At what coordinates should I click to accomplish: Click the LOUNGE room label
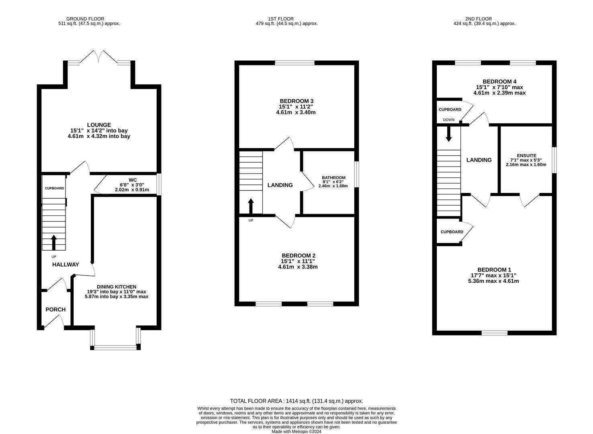(99, 125)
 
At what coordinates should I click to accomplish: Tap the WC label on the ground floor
(133, 180)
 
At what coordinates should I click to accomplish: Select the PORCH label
(55, 309)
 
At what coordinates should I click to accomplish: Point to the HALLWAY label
(65, 264)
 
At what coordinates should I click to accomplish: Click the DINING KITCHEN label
(117, 287)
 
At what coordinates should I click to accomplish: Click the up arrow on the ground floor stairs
(54, 243)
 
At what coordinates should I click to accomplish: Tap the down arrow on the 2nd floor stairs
(449, 134)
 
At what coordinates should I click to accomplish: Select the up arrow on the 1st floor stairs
(251, 206)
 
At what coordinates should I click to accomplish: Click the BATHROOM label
(333, 178)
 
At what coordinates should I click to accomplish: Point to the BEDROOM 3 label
(296, 101)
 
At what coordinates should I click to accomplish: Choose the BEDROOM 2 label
(299, 256)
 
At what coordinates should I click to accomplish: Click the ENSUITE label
(527, 156)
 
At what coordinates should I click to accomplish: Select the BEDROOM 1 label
(494, 270)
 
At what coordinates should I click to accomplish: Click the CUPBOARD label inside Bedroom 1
(452, 232)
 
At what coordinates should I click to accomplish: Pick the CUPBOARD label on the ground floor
(54, 188)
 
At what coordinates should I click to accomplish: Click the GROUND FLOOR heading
(85, 19)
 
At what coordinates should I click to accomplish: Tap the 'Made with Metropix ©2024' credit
(296, 432)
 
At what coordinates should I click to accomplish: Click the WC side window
(159, 184)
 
